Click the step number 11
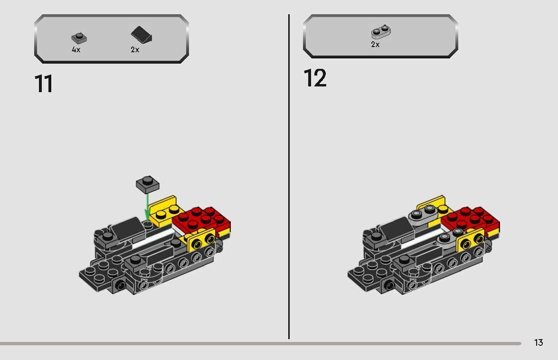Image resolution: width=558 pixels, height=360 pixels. pos(44,84)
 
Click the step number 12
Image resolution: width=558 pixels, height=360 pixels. pos(315,78)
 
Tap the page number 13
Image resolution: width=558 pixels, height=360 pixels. pos(538,342)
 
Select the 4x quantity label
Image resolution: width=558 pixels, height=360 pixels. pos(76,49)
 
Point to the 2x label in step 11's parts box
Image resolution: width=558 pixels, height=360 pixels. pos(135,49)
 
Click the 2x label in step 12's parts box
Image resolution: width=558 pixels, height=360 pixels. pos(375,44)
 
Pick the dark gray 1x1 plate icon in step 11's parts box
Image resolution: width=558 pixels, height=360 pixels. pos(77,38)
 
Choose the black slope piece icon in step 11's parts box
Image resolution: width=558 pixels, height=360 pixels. pos(141,35)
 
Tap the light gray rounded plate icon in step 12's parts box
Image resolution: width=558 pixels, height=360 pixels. pos(380,32)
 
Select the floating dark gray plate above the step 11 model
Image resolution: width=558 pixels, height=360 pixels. pos(147,183)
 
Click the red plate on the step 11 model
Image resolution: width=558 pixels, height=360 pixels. pos(202,219)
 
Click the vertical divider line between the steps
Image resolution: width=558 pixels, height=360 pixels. pos(289,176)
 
